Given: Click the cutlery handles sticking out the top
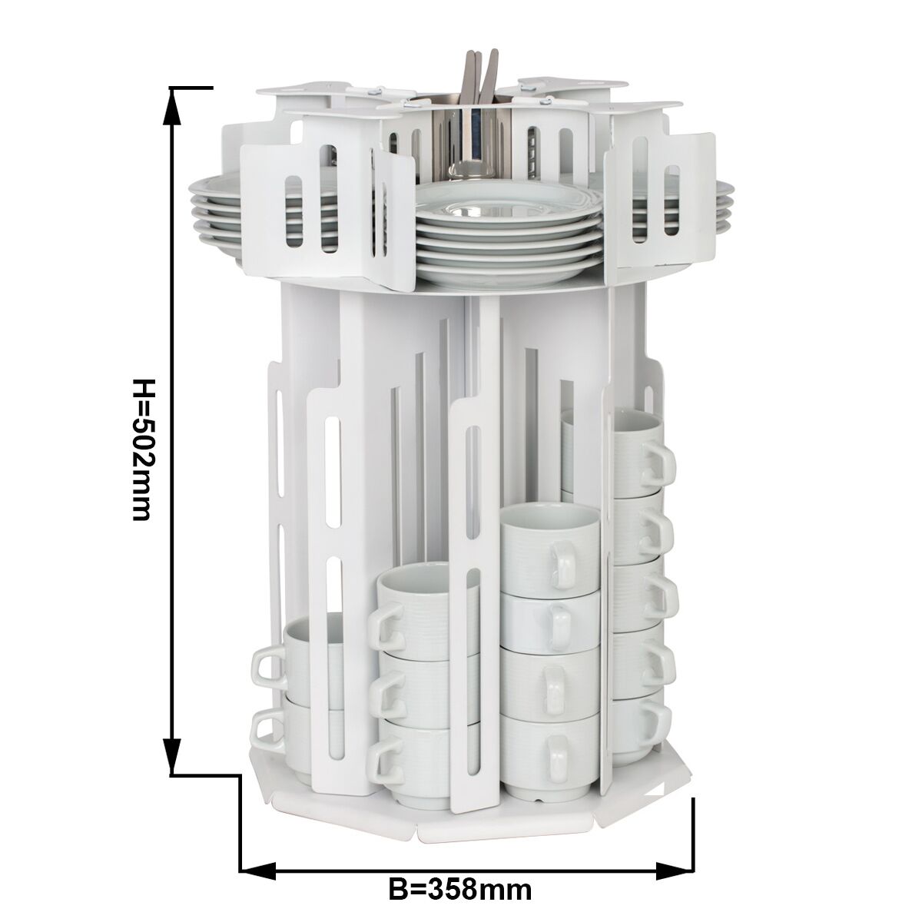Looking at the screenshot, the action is [x=480, y=77].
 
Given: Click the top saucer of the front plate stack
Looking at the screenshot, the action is [x=508, y=202].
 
